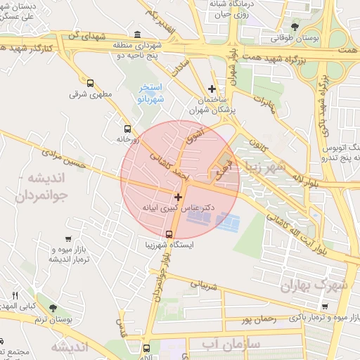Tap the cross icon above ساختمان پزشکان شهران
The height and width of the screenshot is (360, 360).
click(x=212, y=89)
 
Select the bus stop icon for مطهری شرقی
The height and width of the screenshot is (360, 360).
click(x=89, y=82)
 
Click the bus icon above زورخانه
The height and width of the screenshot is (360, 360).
click(x=127, y=129)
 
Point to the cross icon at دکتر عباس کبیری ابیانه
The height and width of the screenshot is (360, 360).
click(x=178, y=198)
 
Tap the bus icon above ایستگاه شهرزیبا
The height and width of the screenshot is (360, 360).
click(x=169, y=234)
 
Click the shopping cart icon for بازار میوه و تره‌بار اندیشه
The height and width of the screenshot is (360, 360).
click(x=67, y=239)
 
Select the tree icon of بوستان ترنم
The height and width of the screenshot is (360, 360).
click(x=53, y=307)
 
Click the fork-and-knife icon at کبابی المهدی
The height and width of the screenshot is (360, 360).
click(x=15, y=295)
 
